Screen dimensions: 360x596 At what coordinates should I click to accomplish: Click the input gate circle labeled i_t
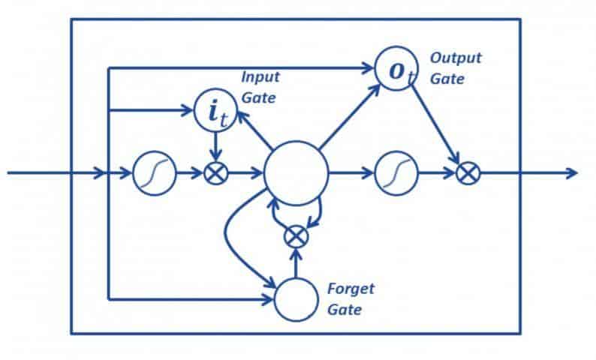(x=215, y=110)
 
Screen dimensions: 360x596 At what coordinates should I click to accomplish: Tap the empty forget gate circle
(x=296, y=299)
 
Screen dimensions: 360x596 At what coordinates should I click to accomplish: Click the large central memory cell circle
(x=296, y=173)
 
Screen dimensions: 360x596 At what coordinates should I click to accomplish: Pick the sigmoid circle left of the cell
(x=154, y=173)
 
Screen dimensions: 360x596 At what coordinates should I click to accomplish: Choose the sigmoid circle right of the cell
(x=396, y=173)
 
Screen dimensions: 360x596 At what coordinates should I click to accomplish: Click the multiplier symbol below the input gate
(x=215, y=173)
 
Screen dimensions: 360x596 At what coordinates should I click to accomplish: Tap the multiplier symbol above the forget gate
(x=296, y=236)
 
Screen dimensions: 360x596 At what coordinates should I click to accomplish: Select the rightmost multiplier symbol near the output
(x=468, y=173)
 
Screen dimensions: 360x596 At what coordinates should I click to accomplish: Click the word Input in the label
(x=256, y=76)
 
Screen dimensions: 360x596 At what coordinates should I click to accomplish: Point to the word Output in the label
(x=455, y=58)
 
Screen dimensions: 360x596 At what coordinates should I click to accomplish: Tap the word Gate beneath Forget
(x=344, y=308)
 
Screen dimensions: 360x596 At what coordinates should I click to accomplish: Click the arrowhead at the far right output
(x=572, y=173)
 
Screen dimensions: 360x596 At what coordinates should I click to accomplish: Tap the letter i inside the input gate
(x=210, y=111)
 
